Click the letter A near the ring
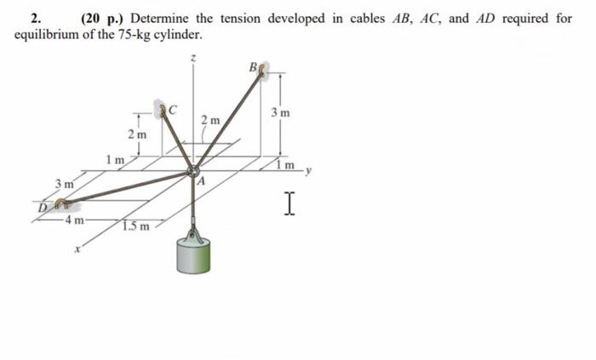(x=203, y=181)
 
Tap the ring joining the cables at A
(x=195, y=169)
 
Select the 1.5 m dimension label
(x=135, y=226)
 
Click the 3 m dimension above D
(x=62, y=183)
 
